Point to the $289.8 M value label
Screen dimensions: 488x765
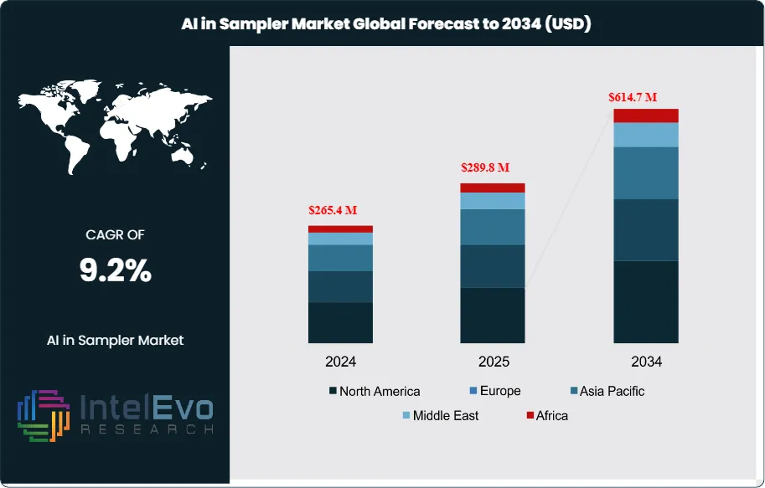pyautogui.click(x=485, y=167)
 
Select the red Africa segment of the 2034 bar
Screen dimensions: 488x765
pyautogui.click(x=646, y=116)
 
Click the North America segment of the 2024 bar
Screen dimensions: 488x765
pyautogui.click(x=340, y=322)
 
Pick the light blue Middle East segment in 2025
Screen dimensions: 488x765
pyautogui.click(x=493, y=201)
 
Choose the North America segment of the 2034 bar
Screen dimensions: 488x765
pyautogui.click(x=646, y=301)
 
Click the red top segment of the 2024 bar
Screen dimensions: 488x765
pyautogui.click(x=340, y=229)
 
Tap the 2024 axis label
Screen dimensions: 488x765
pyautogui.click(x=340, y=362)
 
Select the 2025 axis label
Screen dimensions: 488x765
pyautogui.click(x=493, y=362)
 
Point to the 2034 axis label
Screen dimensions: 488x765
pyautogui.click(x=646, y=362)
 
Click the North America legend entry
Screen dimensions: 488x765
pyautogui.click(x=375, y=391)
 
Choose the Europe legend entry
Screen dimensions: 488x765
pyautogui.click(x=494, y=391)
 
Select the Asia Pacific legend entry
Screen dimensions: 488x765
pyautogui.click(x=607, y=391)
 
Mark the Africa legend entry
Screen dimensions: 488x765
pyautogui.click(x=546, y=415)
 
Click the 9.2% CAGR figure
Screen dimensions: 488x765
pyautogui.click(x=115, y=270)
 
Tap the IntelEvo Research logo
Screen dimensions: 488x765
pyautogui.click(x=115, y=416)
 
